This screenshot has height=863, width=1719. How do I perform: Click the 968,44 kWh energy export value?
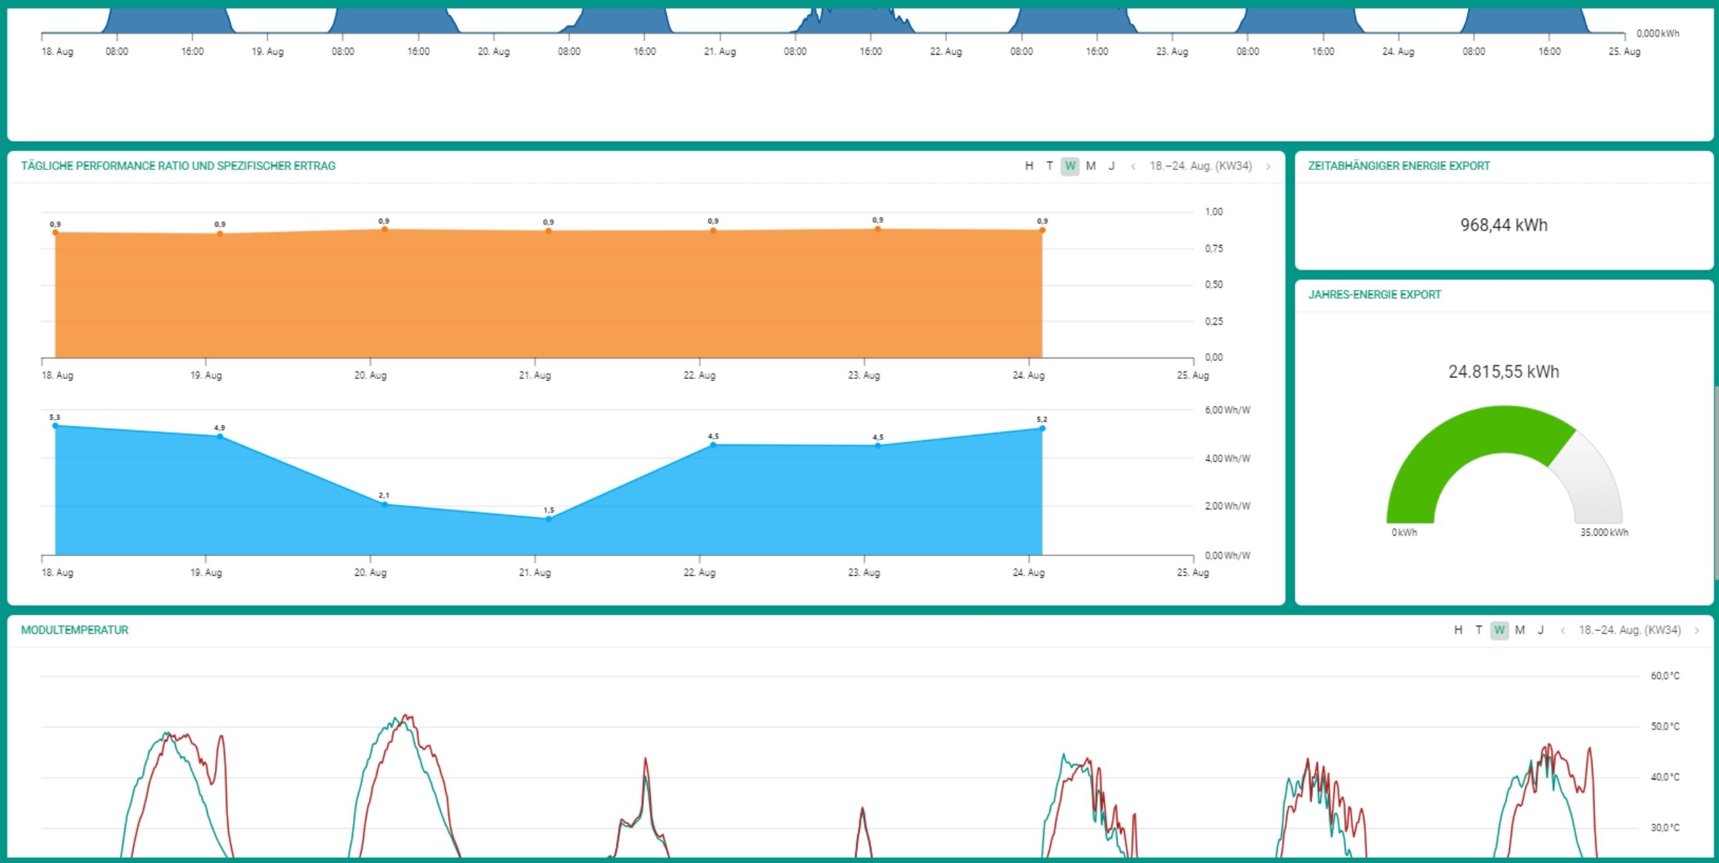tap(1504, 225)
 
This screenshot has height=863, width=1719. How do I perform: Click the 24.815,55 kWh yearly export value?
tap(1504, 372)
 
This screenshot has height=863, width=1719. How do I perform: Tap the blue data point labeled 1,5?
tap(549, 518)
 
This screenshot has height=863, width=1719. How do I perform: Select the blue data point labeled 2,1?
tap(384, 504)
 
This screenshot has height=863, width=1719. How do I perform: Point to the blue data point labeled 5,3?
tap(55, 425)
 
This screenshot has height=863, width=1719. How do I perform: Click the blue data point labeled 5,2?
tap(1042, 428)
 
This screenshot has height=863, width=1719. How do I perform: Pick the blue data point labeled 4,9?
tap(220, 437)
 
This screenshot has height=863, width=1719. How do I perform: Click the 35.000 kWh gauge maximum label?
tap(1604, 532)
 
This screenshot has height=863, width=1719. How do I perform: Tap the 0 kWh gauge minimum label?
tap(1404, 532)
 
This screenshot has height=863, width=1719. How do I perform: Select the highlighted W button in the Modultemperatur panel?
tap(1499, 630)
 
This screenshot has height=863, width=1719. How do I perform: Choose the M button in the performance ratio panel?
tap(1090, 166)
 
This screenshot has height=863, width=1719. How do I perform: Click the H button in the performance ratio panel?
tap(1029, 166)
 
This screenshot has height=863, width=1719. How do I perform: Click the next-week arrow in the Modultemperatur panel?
tap(1697, 630)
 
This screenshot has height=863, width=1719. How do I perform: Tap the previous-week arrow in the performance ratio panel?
tap(1133, 167)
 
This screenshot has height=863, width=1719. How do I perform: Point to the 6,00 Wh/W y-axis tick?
tap(1227, 410)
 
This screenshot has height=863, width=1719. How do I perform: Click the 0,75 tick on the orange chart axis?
tap(1214, 248)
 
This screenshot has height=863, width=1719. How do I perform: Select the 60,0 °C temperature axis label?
tap(1665, 676)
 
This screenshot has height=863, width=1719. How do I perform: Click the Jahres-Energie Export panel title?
tap(1374, 295)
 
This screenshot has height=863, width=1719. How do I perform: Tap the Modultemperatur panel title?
tap(74, 630)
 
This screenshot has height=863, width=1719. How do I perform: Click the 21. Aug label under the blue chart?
tap(535, 572)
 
